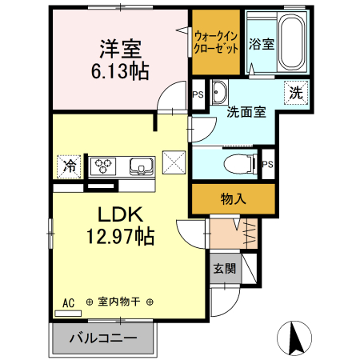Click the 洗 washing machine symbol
(296, 93)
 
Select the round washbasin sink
(219, 90)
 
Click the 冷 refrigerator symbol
(69, 166)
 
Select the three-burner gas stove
(103, 166)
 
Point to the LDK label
(120, 214)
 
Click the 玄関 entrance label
(224, 269)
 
